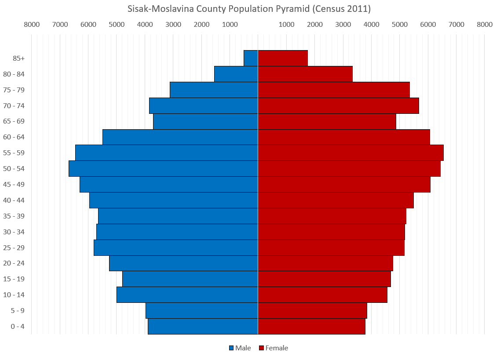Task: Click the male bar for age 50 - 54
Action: coord(163,169)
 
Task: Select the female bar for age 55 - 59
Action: coord(350,153)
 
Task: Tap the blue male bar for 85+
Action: coord(251,58)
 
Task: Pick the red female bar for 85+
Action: coord(283,58)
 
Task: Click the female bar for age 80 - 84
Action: coord(305,74)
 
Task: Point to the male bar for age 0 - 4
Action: coord(203,327)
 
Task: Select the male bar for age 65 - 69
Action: coord(205,121)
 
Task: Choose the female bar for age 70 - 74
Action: coord(338,105)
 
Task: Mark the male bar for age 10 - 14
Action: coord(187,295)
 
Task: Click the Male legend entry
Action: coord(240,348)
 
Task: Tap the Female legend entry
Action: coord(273,348)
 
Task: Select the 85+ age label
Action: coord(18,58)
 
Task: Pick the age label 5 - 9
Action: coord(18,311)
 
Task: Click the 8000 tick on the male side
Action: coord(32,25)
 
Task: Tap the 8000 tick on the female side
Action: coord(485,25)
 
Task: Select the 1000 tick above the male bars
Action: coord(230,25)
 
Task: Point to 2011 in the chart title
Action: coord(358,9)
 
